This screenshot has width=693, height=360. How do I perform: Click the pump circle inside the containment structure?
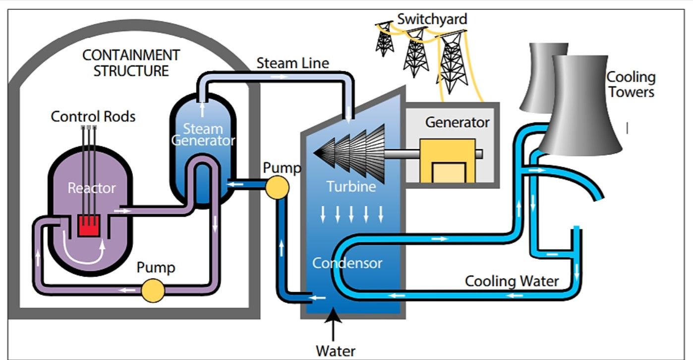tap(153, 290)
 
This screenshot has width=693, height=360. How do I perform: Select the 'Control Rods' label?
tap(93, 117)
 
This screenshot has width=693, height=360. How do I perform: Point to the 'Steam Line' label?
tap(292, 63)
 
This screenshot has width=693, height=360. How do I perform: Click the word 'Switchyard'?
tap(432, 20)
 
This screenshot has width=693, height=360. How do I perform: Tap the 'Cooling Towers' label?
tap(631, 84)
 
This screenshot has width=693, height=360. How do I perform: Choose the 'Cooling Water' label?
tap(512, 281)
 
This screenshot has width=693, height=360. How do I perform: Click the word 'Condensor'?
tap(347, 263)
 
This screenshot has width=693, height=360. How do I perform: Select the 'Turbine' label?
tap(351, 186)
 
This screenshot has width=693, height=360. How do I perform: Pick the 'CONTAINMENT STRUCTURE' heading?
tap(131, 62)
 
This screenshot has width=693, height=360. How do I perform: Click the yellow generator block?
tap(448, 161)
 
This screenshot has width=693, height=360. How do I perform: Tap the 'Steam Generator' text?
tap(203, 134)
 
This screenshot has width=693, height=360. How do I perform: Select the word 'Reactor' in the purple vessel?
tap(92, 188)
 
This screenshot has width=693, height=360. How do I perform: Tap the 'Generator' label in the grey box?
tap(457, 122)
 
